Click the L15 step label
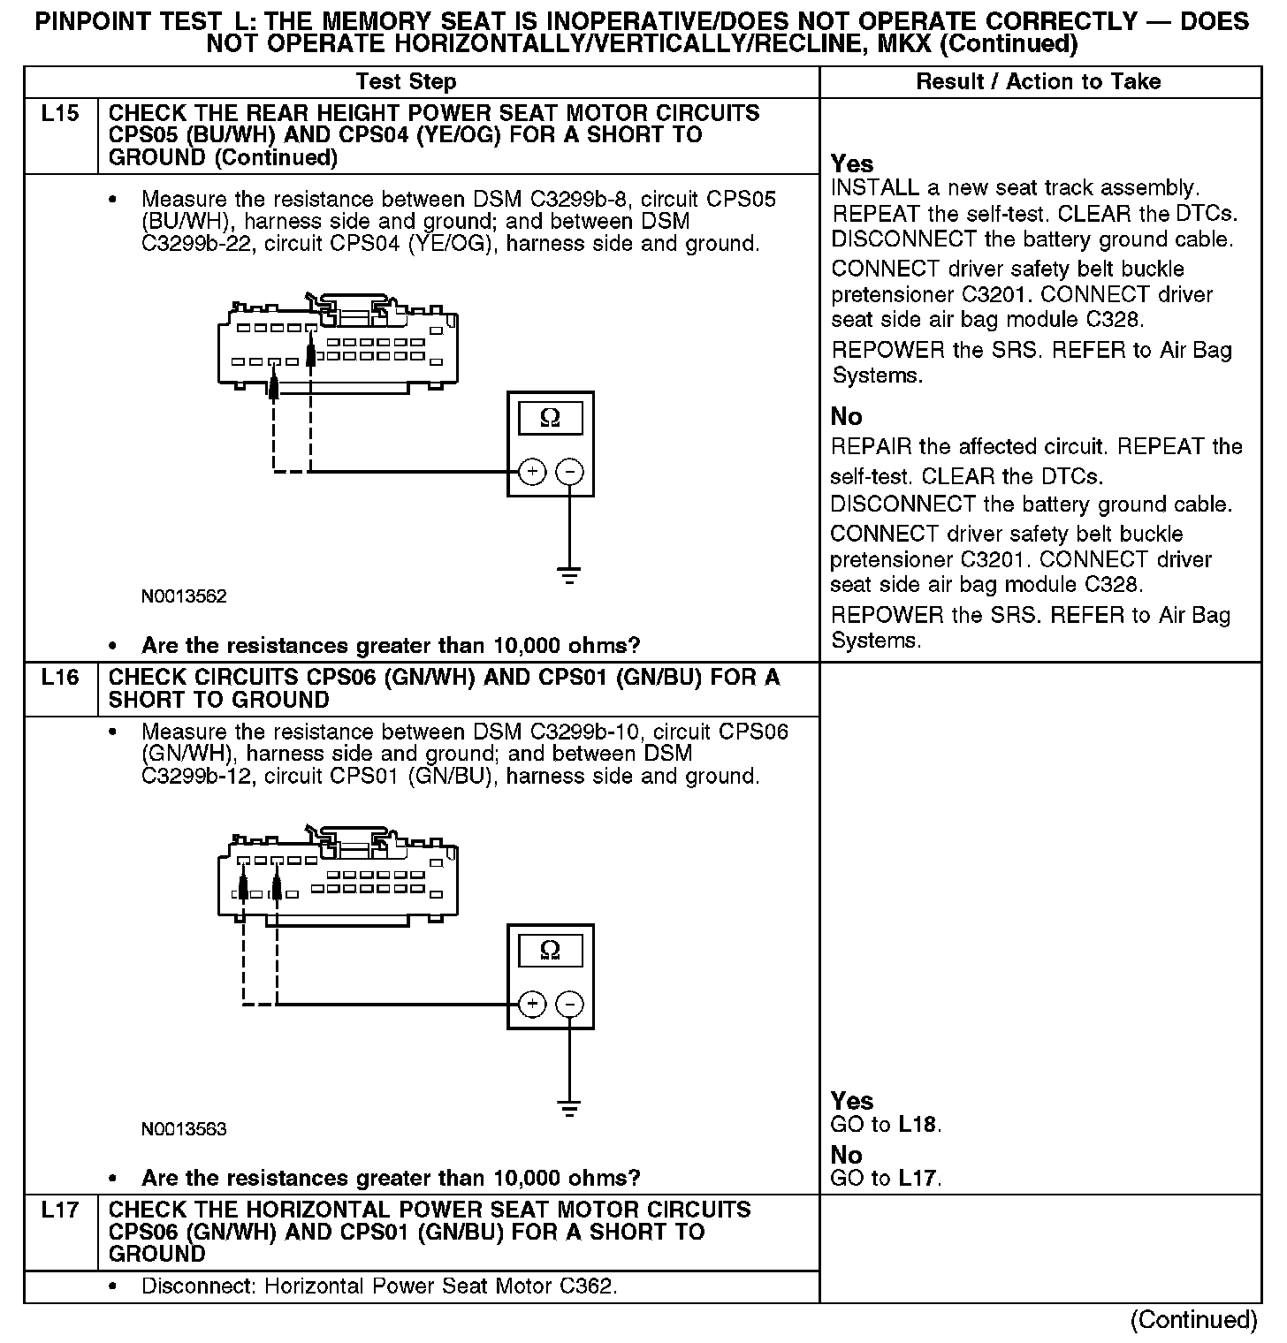60,114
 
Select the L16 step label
60,678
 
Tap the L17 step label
60,1210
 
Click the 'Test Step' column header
406,82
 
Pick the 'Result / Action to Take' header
1038,82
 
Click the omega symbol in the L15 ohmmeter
550,418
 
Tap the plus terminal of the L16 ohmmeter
531,1004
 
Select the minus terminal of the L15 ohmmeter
570,472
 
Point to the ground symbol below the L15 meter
570,575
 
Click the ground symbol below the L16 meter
570,1108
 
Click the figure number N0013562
184,596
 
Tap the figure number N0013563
184,1129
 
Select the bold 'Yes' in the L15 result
852,164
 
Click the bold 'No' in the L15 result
846,417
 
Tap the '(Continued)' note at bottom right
1193,1320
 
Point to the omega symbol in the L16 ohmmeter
550,951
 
